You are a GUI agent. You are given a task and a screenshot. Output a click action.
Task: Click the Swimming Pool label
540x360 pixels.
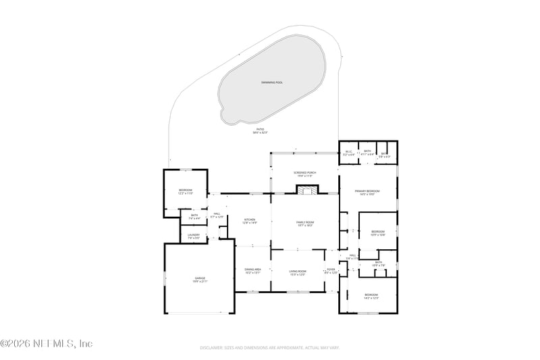tap(272, 82)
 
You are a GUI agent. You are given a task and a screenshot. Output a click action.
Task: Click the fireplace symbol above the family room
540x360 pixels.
tap(309, 190)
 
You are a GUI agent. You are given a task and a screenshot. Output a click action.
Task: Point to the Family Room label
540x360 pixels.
tap(305, 224)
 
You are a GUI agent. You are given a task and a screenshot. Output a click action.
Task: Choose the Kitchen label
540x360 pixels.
tap(250, 221)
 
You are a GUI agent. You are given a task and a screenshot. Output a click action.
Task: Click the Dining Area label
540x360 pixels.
tap(252, 271)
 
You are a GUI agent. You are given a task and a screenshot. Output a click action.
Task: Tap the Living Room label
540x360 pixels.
tap(298, 272)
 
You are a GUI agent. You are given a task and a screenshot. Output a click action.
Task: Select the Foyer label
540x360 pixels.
tap(331, 271)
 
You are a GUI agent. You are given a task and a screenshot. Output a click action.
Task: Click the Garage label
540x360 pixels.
tap(200, 280)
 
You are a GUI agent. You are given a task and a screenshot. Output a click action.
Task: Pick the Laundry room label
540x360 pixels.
tap(194, 236)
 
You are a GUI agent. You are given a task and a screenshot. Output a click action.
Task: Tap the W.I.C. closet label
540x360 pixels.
tap(349, 153)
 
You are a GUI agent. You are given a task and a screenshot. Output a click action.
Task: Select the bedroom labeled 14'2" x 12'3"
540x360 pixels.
tap(371, 296)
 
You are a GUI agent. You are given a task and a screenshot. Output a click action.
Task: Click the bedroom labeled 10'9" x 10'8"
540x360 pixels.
tap(378, 233)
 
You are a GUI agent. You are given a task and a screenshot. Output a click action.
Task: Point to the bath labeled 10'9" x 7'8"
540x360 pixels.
tap(378, 263)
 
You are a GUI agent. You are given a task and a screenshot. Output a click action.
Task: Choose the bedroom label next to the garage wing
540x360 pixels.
tap(186, 192)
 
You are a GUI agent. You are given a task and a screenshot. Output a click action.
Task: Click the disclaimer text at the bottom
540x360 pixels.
tap(270, 348)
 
